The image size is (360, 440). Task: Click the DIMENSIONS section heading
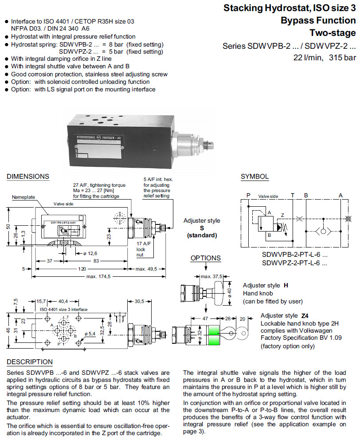click(x=28, y=177)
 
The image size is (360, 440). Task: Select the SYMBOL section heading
click(x=254, y=177)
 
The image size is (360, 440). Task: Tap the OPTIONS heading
click(x=205, y=258)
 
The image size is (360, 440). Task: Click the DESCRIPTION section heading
click(x=29, y=362)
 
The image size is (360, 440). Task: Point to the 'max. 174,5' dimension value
click(x=98, y=277)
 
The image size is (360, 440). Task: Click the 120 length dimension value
click(x=82, y=269)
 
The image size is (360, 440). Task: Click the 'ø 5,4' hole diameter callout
click(x=90, y=334)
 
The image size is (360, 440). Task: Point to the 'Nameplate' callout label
click(x=23, y=197)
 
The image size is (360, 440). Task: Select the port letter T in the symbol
click(x=292, y=195)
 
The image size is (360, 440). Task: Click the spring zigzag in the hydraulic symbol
click(x=286, y=227)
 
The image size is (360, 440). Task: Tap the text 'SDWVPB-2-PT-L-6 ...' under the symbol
click(x=294, y=255)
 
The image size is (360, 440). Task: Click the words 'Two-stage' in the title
click(x=332, y=33)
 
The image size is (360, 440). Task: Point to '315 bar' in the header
click(x=343, y=58)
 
